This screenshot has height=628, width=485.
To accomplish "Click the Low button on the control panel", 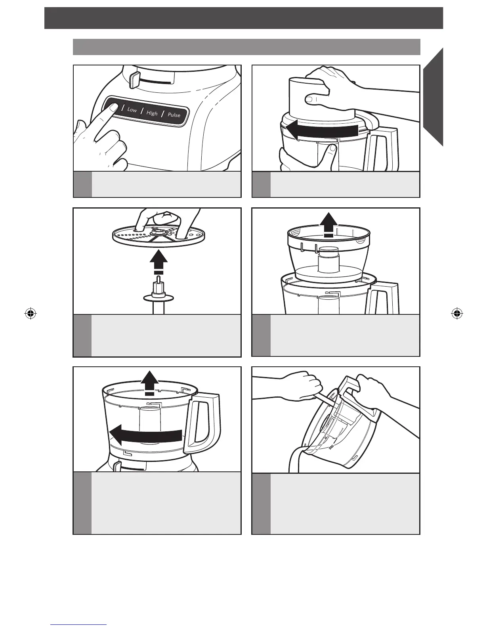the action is click(x=132, y=110).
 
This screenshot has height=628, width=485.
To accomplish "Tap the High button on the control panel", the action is click(x=152, y=113).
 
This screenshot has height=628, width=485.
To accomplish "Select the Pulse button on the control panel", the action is click(x=174, y=115).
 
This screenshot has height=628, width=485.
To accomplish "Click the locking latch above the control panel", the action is click(x=134, y=79).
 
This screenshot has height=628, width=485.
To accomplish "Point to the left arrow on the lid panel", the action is click(x=322, y=130).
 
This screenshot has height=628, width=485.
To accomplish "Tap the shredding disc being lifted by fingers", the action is click(x=160, y=235).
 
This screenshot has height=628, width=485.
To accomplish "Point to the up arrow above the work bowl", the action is click(x=149, y=383).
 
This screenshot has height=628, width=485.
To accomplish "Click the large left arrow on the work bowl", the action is click(x=145, y=435).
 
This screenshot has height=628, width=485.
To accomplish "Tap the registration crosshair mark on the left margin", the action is click(x=31, y=313).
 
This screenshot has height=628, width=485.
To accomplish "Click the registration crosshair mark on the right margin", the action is click(x=457, y=313).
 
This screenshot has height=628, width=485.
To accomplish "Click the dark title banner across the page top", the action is click(x=244, y=18).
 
